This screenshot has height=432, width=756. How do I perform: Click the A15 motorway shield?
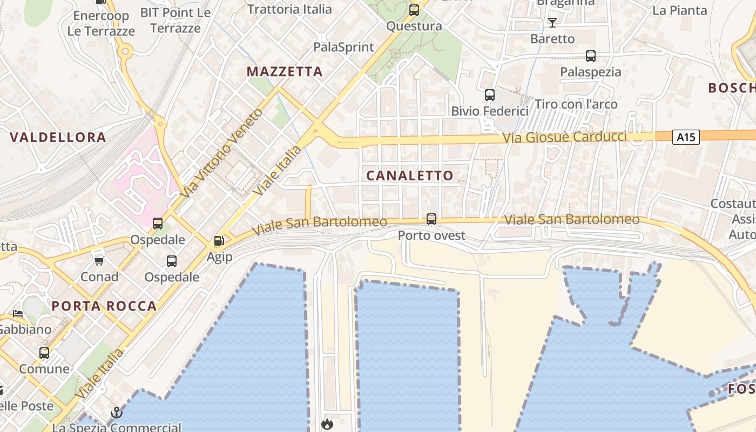click(x=686, y=137)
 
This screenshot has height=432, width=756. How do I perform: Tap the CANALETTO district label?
click(x=410, y=175)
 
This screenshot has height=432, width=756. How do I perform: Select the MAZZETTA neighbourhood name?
click(x=285, y=71)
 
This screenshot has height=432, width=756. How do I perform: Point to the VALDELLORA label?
click(x=58, y=137)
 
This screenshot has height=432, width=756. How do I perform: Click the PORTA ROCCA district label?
click(x=104, y=306)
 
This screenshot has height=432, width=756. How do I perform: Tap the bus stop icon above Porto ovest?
click(x=431, y=219)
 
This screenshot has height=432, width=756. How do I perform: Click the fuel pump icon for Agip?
click(x=219, y=241)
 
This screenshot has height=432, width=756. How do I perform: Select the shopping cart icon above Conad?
click(x=99, y=261)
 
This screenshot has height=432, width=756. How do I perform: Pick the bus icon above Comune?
click(x=44, y=353)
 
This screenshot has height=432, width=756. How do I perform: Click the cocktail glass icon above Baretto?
click(x=552, y=23)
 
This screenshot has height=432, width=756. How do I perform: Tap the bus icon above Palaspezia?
click(x=591, y=56)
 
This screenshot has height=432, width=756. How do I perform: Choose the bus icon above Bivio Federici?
click(x=490, y=95)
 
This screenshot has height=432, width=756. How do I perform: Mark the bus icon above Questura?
click(x=414, y=10)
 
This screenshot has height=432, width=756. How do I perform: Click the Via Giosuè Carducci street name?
click(x=564, y=137)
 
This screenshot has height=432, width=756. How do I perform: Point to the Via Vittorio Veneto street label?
click(x=222, y=153)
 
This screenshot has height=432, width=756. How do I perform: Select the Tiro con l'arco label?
click(x=576, y=104)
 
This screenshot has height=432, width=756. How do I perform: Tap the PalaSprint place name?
click(x=344, y=47)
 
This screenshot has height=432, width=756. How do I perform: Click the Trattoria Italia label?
click(x=289, y=9)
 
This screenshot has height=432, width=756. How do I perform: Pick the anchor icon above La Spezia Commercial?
click(x=117, y=413)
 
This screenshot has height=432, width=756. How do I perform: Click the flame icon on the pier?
click(x=327, y=424)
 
